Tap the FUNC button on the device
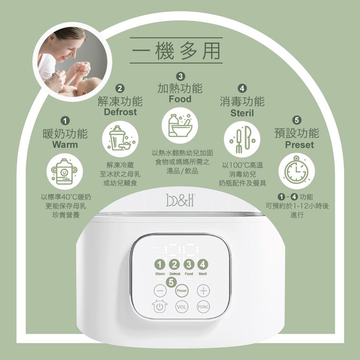pyautogui.click(x=203, y=307)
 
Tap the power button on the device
pyautogui.click(x=160, y=307)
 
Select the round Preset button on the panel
pyautogui.click(x=181, y=291)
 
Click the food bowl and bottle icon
pyautogui.click(x=180, y=125)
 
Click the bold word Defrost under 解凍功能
pyautogui.click(x=120, y=112)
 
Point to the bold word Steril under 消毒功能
pyautogui.click(x=242, y=113)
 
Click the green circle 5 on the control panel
pyautogui.click(x=171, y=282)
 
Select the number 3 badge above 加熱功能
pyautogui.click(x=180, y=77)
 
